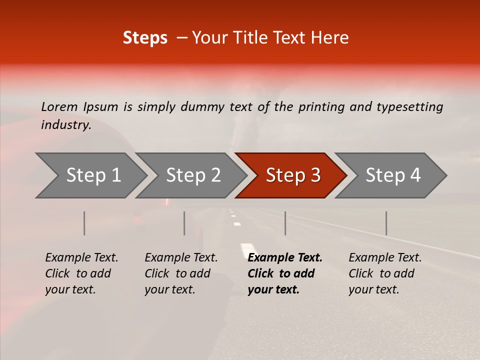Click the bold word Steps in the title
tap(145, 38)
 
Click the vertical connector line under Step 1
tap(84, 223)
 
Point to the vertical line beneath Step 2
tap(184, 223)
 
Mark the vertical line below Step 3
tap(285, 223)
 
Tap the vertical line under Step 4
tap(386, 223)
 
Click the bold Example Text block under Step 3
tap(285, 273)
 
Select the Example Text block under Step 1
tap(81, 273)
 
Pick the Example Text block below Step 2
tap(181, 273)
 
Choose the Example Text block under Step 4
tap(385, 273)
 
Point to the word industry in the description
tap(66, 125)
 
